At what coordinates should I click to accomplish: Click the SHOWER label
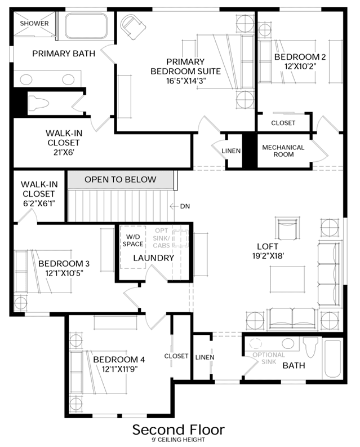coord(34,23)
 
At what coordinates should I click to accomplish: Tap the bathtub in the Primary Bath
coord(86,26)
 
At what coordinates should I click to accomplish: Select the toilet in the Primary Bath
coord(38,103)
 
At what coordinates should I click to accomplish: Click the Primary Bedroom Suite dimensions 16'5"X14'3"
coord(186,81)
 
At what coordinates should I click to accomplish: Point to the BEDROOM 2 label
coord(300,57)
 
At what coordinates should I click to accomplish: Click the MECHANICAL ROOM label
coord(283,151)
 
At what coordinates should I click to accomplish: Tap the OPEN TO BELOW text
coord(121,179)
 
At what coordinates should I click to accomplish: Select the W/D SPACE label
coord(133,240)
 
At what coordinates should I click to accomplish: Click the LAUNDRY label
coord(153,258)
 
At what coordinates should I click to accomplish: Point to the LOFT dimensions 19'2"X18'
coord(268,256)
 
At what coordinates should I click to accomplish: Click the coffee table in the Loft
coord(287,279)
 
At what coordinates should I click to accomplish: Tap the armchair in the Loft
coord(287,229)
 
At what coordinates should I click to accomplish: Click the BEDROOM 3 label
coord(64,263)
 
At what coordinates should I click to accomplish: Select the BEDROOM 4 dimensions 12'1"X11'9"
coord(119,369)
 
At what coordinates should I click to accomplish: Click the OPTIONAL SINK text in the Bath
coord(269,359)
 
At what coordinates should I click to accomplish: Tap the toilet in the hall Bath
coord(310,347)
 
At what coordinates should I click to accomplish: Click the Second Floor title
coord(179,430)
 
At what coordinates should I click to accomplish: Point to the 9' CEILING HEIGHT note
coord(179,440)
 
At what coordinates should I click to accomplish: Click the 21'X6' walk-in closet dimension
coord(64,153)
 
